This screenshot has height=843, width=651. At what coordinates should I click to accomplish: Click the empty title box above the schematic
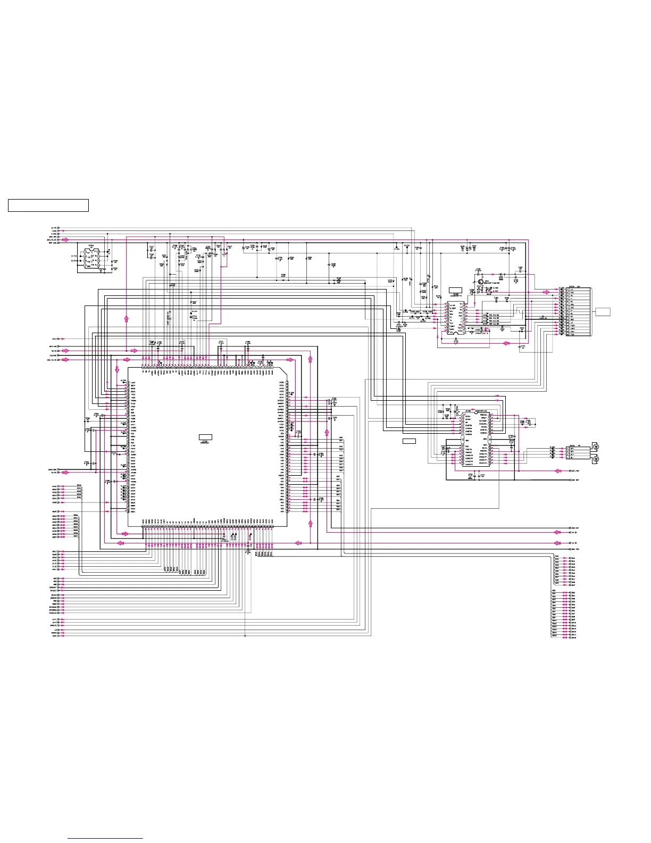coord(48,205)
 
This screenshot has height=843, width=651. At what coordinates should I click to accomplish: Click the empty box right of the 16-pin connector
coord(603,312)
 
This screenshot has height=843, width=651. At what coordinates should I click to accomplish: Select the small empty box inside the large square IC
coord(205,437)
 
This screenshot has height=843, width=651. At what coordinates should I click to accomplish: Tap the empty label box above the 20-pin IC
coord(456,290)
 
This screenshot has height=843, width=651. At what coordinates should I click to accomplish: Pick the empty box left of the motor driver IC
coord(408,441)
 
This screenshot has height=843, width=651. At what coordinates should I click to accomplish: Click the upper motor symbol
coord(596,446)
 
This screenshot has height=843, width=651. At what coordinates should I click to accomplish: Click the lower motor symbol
coord(596,458)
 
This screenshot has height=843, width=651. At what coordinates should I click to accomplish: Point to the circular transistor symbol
coord(480,282)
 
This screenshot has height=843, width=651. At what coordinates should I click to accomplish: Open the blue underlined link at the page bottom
coord(106,839)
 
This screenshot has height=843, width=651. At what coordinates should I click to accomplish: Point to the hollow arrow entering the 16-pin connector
coord(547,292)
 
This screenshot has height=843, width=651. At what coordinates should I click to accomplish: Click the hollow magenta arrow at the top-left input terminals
coord(65,239)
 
